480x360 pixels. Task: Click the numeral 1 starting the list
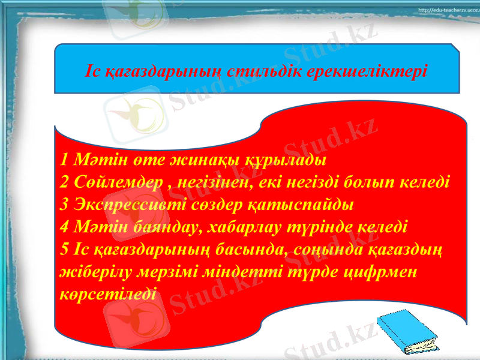(x=65, y=161)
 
